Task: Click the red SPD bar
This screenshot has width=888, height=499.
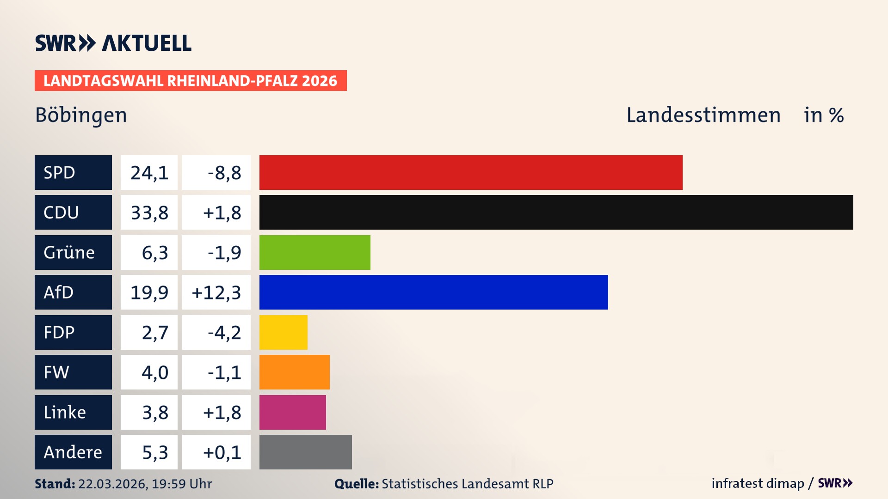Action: point(471,172)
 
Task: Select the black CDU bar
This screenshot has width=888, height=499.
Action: point(556,213)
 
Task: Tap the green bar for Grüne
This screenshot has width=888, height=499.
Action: point(314,252)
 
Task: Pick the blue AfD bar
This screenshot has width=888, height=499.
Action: point(433,292)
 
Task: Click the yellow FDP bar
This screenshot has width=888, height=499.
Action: point(283,332)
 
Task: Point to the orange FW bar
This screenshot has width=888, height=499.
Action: point(294,372)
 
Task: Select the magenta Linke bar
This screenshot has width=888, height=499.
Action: point(292,412)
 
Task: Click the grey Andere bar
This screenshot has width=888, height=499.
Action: point(305,452)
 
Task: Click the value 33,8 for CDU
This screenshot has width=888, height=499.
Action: point(149,213)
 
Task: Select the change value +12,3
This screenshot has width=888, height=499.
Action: point(216,292)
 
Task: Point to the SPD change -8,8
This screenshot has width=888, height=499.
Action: point(224,172)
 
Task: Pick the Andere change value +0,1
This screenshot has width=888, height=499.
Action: point(222,452)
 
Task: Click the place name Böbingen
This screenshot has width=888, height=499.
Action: point(81,115)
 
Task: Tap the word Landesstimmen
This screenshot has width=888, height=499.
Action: point(703,115)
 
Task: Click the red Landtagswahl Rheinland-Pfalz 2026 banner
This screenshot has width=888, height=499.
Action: point(191,80)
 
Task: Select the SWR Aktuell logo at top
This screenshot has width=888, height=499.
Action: point(113,43)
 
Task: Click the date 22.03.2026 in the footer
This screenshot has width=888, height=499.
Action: point(112,484)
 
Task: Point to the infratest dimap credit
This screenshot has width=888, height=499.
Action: point(757,483)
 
